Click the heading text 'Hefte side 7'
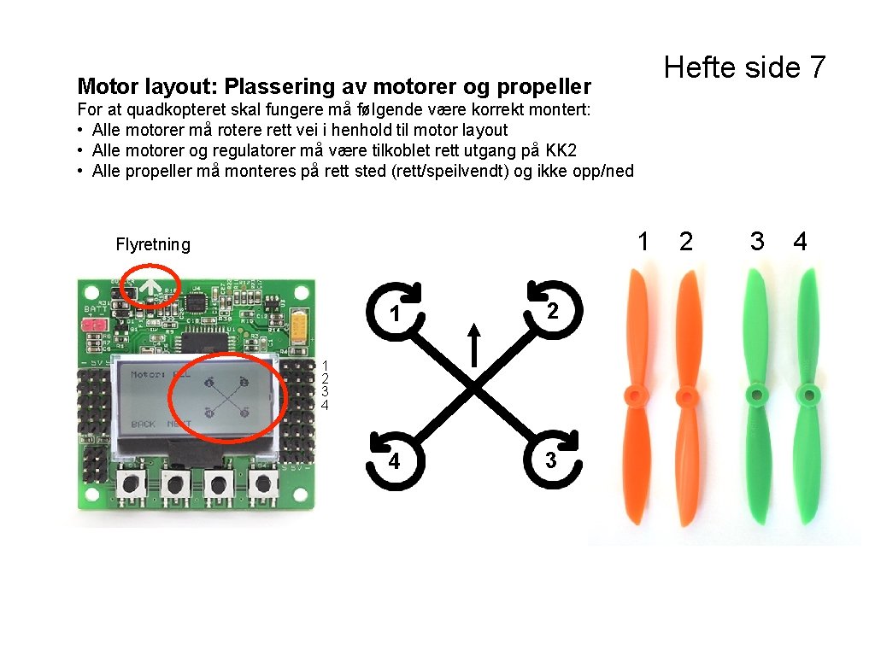pos(744,67)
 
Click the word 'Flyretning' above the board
pos(153,244)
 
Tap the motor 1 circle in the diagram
pos(395,313)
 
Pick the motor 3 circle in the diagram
pos(551,460)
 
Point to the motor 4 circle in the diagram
pos(394,461)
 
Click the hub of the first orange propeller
pos(633,395)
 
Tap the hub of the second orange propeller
pos(685,395)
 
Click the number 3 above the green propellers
pos(756,242)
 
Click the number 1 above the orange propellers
pos(643,242)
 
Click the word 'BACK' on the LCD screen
pos(143,424)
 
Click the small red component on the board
pos(91,325)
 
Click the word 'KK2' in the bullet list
pos(561,150)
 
